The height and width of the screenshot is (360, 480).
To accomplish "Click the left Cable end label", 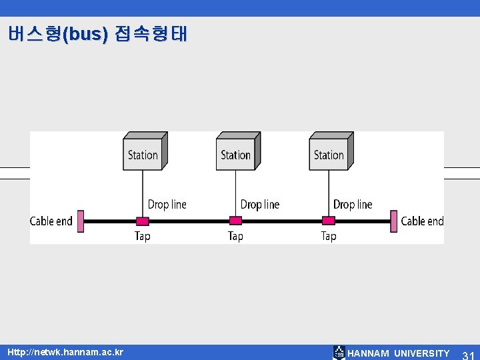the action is coord(51,221).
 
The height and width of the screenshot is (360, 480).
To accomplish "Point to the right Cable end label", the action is coord(422,221).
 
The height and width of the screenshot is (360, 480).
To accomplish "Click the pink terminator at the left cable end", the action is coord(80,221).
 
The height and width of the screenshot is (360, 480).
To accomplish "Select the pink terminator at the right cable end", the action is coord(394,221).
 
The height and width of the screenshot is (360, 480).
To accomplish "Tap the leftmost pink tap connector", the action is coord(142,221).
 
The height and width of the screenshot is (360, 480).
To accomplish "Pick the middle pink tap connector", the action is coord(235,221).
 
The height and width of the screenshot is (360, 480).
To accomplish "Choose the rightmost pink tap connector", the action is coord(329,221).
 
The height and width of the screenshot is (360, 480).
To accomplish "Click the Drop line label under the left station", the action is coord(167,204).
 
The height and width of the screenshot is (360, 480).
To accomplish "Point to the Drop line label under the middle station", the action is coord(260,204).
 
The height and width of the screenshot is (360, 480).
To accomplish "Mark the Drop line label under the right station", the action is coord(353,204).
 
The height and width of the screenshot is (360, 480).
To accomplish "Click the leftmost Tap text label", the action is coord(143,236).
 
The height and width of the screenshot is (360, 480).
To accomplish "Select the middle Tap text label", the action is coord(235,236).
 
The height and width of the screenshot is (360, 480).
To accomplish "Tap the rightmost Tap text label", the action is coord(329,236).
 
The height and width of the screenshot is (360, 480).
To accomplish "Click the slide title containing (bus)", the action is coord(98,34).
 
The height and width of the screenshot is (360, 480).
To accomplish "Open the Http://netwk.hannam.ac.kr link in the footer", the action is coord(65,351).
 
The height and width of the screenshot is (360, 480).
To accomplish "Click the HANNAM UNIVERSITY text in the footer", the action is coord(398,353).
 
